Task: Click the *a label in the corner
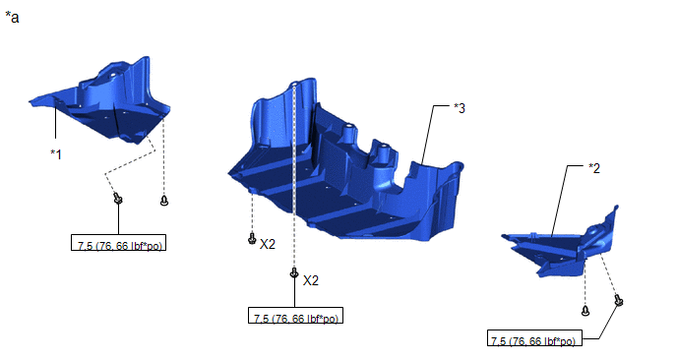pos(12,18)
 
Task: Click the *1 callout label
pos(56,154)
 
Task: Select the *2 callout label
pos(594,168)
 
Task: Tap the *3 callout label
pos(460,108)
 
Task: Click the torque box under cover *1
pos(119,243)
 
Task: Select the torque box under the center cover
pos(296,315)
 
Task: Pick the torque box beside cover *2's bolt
pos(535,338)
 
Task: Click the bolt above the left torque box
pos(117,199)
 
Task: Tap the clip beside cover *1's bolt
pos(164,201)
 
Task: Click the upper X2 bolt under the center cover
pos(252,238)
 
